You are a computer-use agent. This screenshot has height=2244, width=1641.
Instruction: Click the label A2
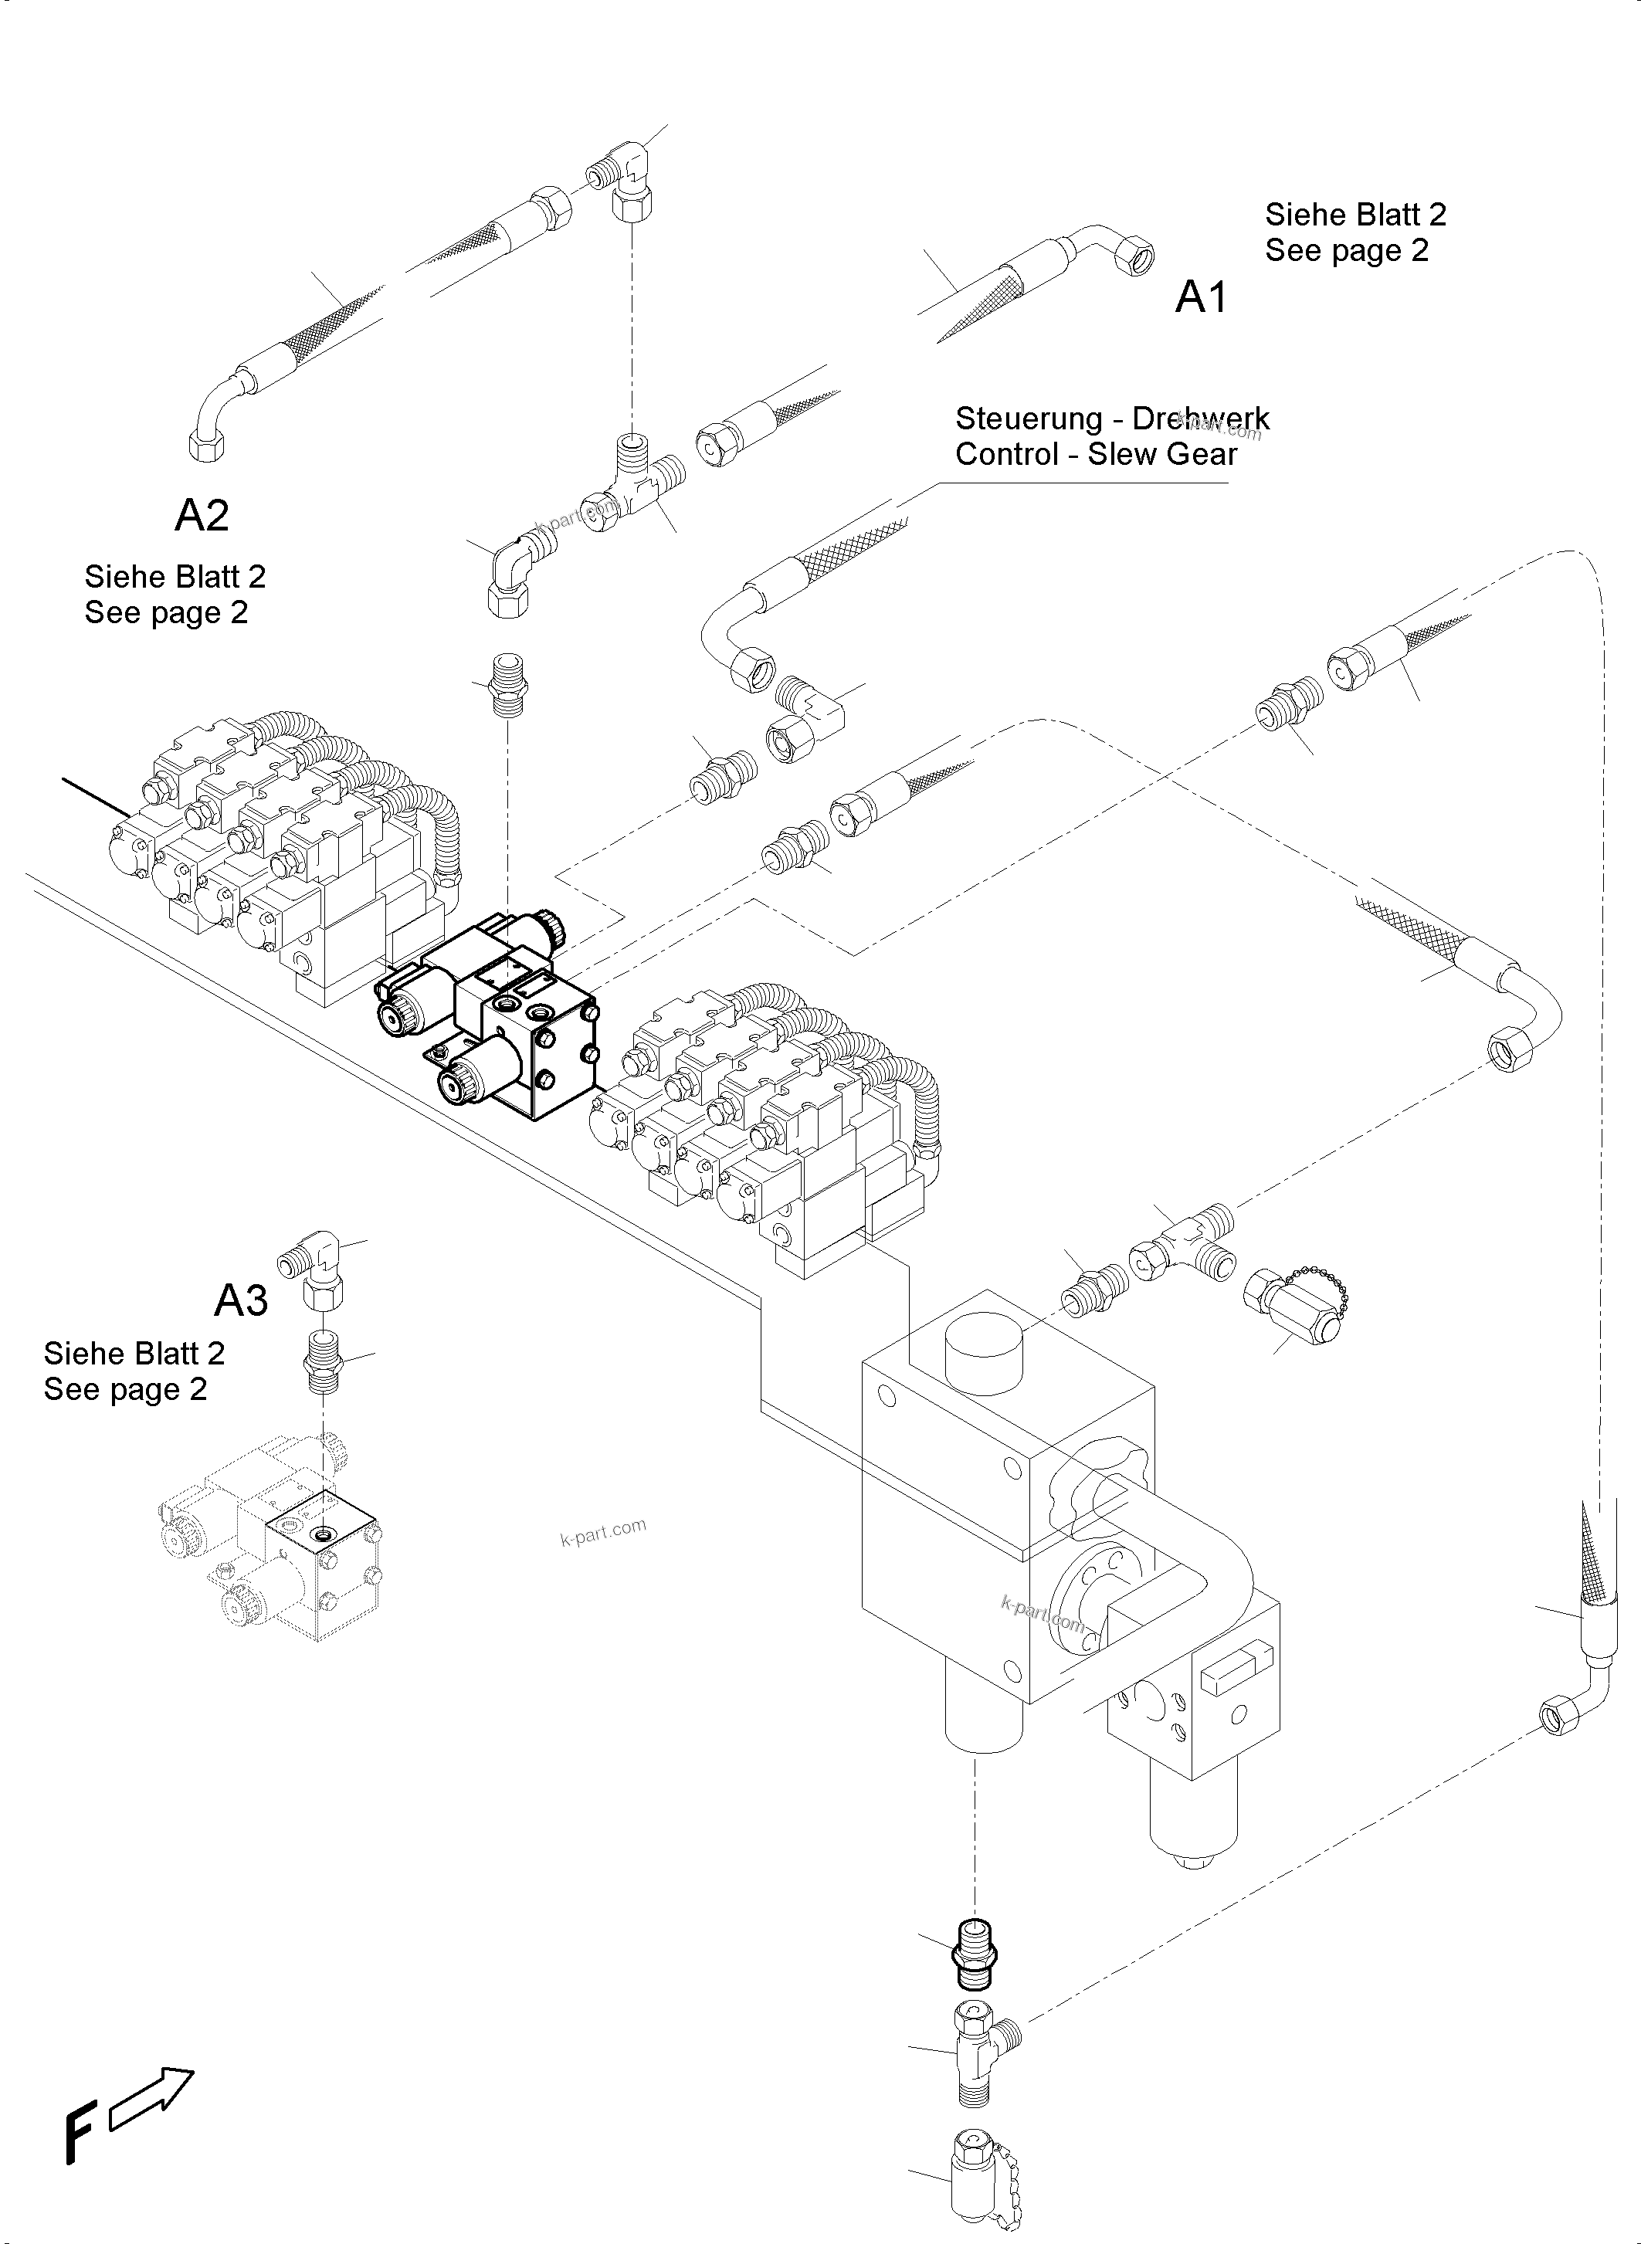(x=202, y=514)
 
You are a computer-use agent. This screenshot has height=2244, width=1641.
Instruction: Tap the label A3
(x=242, y=1300)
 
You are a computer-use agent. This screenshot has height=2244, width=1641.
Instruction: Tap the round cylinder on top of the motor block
(x=982, y=1354)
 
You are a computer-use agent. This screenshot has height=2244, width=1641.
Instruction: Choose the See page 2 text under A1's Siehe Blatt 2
(x=1346, y=250)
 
